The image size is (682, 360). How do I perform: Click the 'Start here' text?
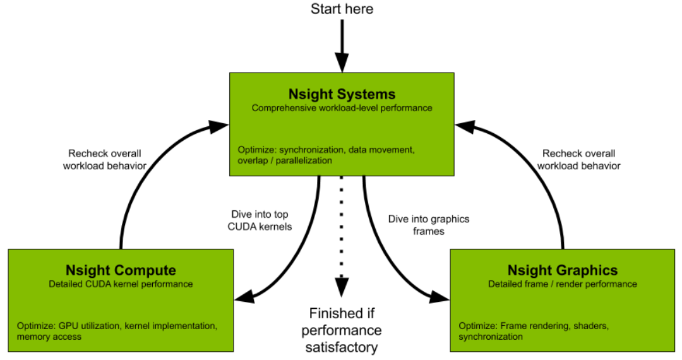(x=342, y=9)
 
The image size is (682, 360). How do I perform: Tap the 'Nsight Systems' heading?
(x=342, y=94)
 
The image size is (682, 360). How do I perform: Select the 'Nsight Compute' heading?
(x=121, y=270)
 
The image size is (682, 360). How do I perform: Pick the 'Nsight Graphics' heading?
(x=563, y=270)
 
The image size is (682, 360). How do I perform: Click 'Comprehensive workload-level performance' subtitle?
(x=342, y=108)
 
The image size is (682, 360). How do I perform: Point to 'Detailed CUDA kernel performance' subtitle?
(x=121, y=284)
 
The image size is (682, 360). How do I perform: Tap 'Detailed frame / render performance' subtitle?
(x=563, y=284)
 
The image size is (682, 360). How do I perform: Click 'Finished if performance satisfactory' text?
(x=342, y=330)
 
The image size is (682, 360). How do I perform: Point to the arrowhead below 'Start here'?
(x=342, y=63)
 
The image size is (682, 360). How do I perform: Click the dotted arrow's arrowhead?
(x=342, y=288)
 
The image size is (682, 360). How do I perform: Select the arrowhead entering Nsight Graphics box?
(x=439, y=295)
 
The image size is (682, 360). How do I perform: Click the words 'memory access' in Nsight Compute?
(x=49, y=337)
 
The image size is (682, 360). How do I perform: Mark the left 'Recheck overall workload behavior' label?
(x=105, y=160)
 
